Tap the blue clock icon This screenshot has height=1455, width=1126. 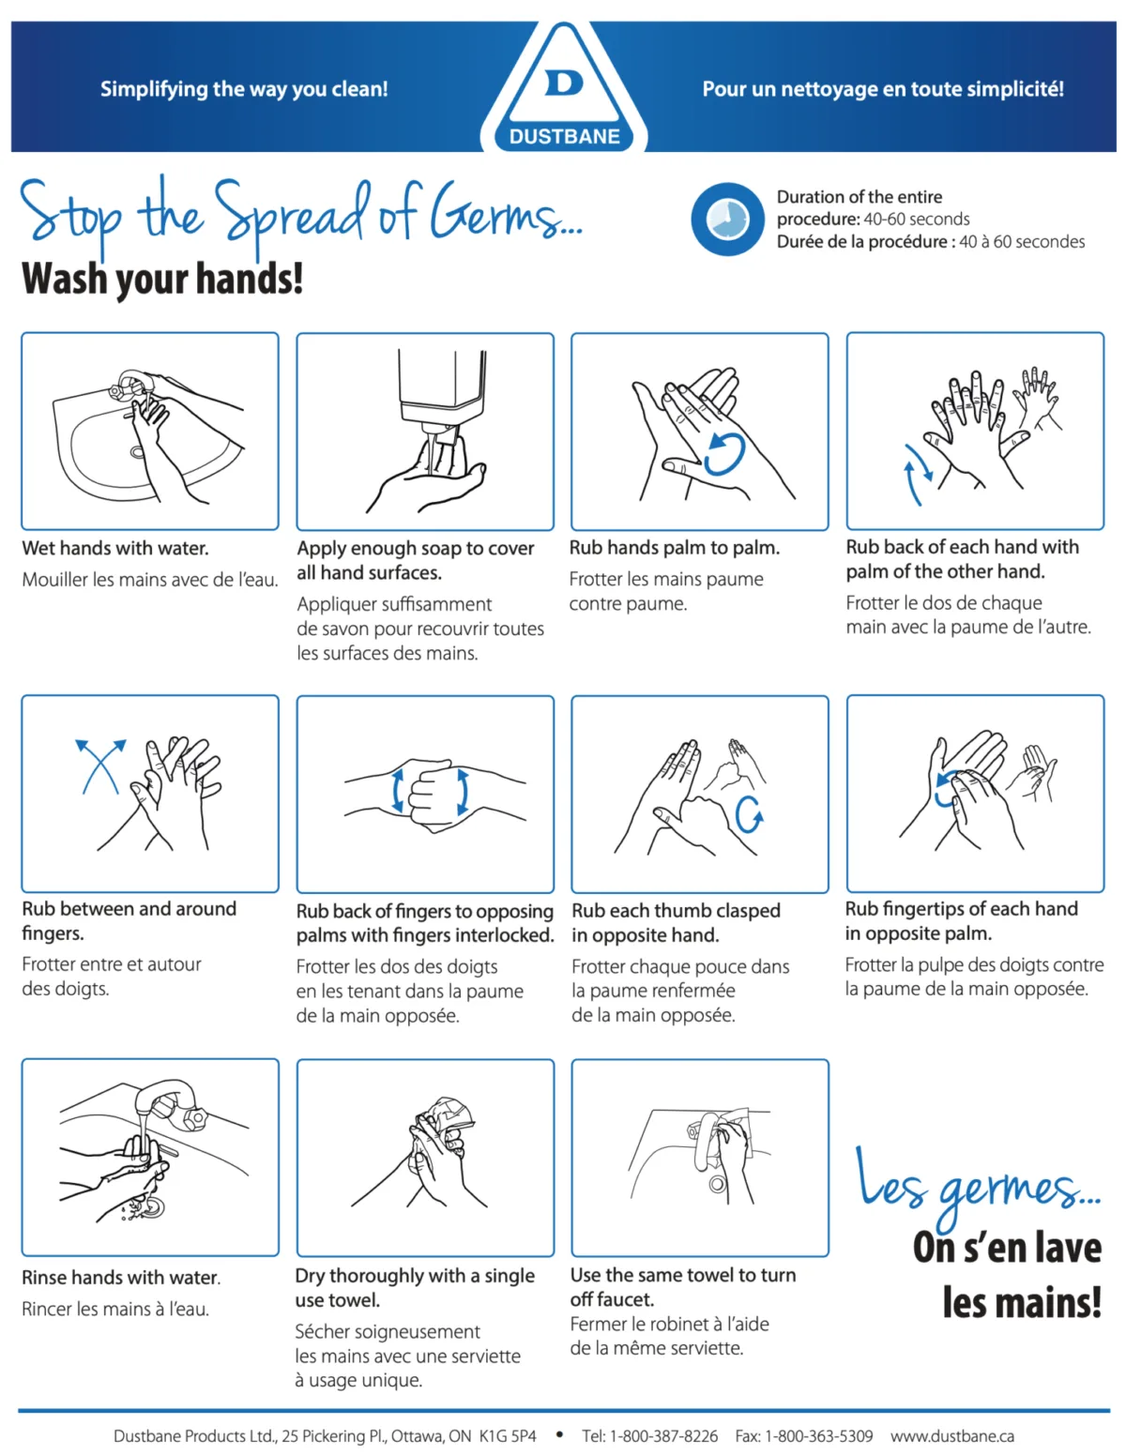click(x=727, y=219)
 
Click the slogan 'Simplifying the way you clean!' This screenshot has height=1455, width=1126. click(x=244, y=89)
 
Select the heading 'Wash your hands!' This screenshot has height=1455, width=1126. click(x=162, y=278)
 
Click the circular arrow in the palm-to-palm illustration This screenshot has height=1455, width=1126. click(x=725, y=454)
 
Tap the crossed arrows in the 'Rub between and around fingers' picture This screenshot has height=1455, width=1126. click(x=100, y=766)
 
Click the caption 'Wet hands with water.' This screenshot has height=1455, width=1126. click(x=115, y=548)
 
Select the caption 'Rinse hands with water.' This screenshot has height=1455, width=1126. click(x=120, y=1277)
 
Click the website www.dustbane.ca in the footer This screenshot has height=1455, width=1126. click(x=951, y=1435)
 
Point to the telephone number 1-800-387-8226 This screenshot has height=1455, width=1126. click(x=662, y=1435)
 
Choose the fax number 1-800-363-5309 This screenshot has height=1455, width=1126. click(x=819, y=1435)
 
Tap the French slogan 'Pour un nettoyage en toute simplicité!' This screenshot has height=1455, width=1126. click(x=883, y=89)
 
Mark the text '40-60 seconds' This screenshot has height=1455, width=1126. click(x=916, y=219)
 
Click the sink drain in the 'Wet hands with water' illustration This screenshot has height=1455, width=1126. click(x=137, y=452)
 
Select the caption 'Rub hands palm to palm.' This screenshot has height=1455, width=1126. click(x=674, y=548)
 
